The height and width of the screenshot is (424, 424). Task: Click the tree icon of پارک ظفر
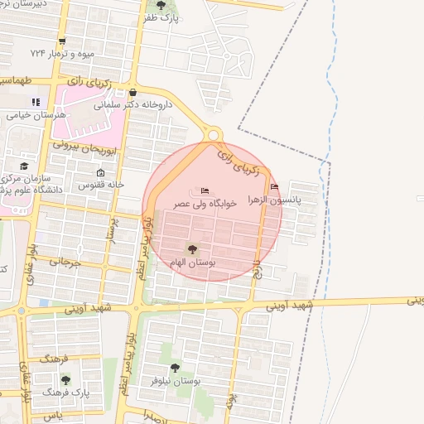tap(161, 5)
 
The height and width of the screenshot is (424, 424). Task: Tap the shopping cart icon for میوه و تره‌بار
tap(62, 41)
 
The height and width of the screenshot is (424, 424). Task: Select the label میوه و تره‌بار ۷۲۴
tap(62, 53)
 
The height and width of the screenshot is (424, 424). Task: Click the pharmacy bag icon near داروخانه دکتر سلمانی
tap(132, 93)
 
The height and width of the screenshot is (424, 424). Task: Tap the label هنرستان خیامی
tap(29, 115)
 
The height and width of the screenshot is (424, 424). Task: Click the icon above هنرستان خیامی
tap(35, 103)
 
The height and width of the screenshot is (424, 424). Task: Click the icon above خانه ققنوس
tap(101, 172)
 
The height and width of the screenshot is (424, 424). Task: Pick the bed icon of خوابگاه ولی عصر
tap(205, 193)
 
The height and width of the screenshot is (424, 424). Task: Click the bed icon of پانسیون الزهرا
tap(274, 186)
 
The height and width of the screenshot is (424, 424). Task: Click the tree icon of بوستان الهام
tap(192, 248)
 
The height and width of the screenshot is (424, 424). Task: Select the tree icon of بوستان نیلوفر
tap(174, 368)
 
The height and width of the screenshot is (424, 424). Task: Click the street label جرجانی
tap(64, 262)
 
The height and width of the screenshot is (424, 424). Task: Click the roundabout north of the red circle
tap(214, 133)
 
